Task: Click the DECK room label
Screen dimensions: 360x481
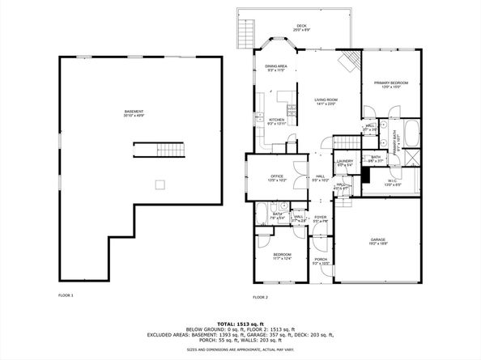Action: tap(301, 26)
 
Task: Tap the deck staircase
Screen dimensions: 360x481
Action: tap(245, 33)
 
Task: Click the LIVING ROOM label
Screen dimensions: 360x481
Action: tap(326, 101)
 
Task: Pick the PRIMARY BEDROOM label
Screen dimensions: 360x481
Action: tap(390, 84)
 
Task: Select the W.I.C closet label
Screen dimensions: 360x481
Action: tap(392, 183)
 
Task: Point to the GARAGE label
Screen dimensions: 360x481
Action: tap(378, 241)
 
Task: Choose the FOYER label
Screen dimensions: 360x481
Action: tap(321, 218)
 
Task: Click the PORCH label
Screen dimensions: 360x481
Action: tap(321, 260)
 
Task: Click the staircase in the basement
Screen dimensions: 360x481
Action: tap(160, 150)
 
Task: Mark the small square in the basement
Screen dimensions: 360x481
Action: tap(160, 184)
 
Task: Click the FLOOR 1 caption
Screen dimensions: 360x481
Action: tap(66, 295)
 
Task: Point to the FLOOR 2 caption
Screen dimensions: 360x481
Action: tap(260, 297)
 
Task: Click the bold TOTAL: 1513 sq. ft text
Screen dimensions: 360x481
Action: tap(240, 322)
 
